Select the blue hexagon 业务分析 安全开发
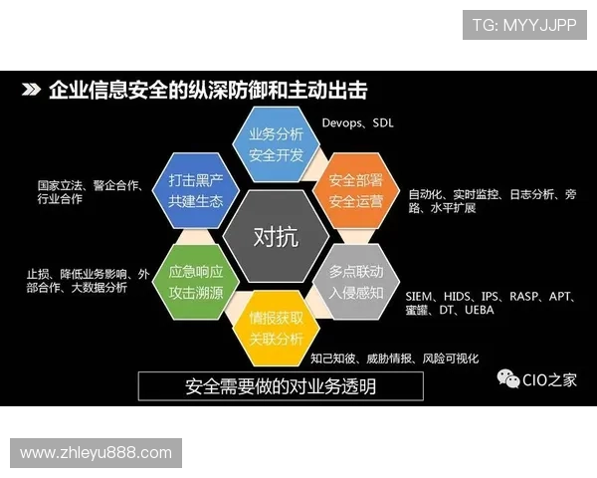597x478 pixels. pyautogui.click(x=275, y=145)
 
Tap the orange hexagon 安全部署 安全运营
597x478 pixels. pyautogui.click(x=355, y=190)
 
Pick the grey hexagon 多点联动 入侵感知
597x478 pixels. pyautogui.click(x=355, y=281)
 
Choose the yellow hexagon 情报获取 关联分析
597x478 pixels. pyautogui.click(x=275, y=327)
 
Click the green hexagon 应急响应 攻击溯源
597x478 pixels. pyautogui.click(x=195, y=281)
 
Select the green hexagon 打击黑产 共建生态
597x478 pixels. pyautogui.click(x=195, y=190)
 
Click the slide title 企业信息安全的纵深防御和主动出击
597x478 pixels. pyautogui.click(x=208, y=91)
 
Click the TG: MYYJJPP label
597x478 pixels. pyautogui.click(x=524, y=24)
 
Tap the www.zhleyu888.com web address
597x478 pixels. pyautogui.click(x=96, y=453)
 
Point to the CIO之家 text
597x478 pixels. pyautogui.click(x=549, y=380)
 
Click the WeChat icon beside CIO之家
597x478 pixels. pyautogui.click(x=508, y=379)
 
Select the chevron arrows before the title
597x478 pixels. pyautogui.click(x=32, y=91)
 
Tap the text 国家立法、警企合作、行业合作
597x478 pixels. pyautogui.click(x=90, y=192)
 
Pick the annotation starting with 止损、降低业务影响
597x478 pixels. pyautogui.click(x=88, y=281)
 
